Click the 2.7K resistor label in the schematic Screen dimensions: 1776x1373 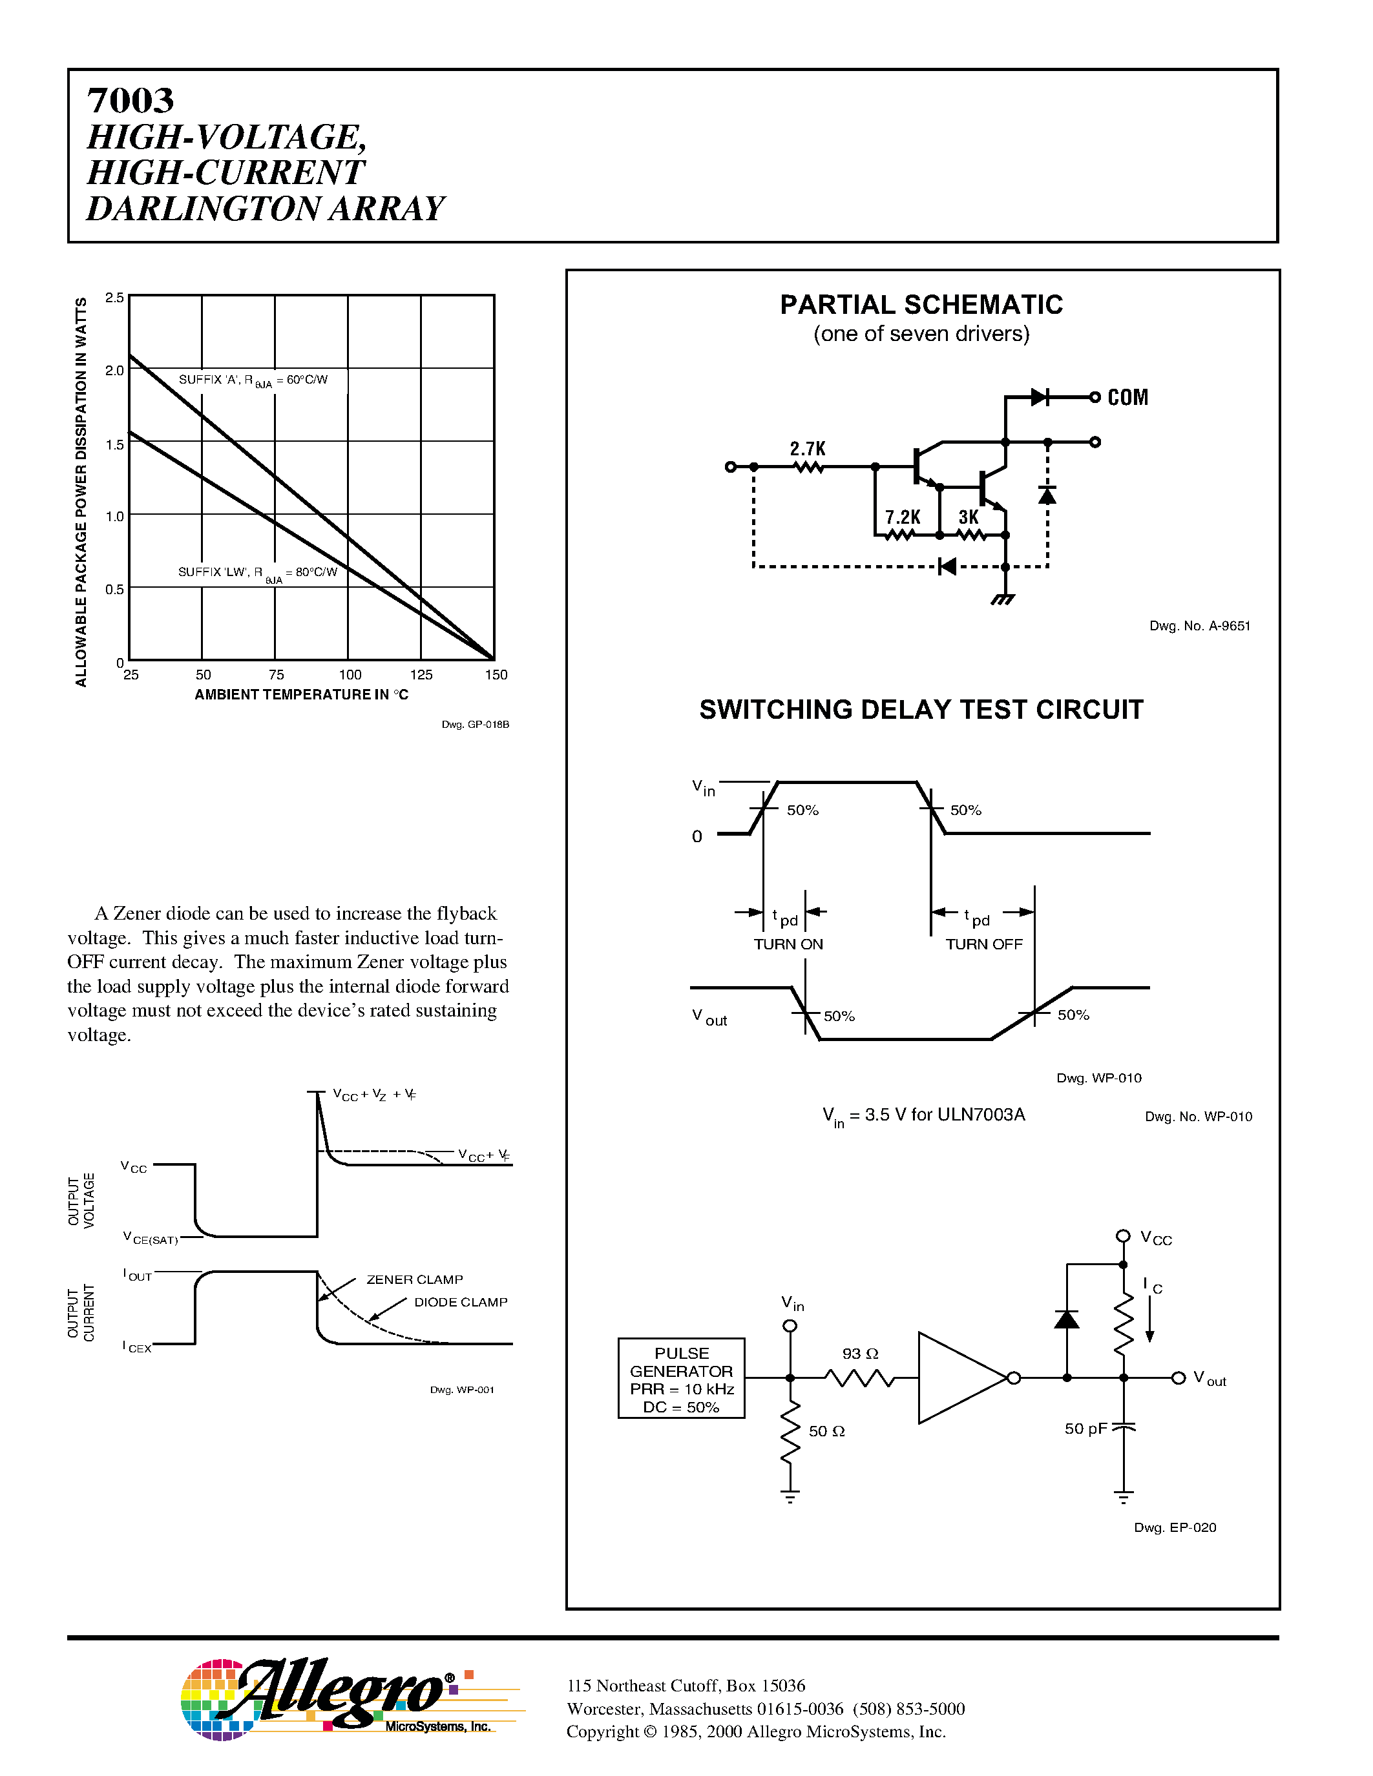(808, 449)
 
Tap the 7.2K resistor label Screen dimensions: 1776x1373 (902, 517)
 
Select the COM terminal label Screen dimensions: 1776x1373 (1127, 398)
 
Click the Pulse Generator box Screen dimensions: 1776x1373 (682, 1378)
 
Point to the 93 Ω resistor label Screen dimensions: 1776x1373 (860, 1354)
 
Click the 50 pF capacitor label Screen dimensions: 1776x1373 (1085, 1429)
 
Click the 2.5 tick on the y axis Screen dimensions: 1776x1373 (115, 298)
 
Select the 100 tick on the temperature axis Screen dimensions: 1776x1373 (350, 675)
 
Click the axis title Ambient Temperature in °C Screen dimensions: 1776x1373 (301, 694)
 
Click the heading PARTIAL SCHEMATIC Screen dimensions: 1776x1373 (921, 305)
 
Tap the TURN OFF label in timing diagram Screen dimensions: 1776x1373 (983, 944)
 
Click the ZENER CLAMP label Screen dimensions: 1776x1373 (414, 1279)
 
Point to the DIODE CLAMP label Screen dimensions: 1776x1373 (461, 1302)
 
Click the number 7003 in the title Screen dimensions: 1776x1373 (130, 101)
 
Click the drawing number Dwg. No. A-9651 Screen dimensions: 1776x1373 (1199, 626)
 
